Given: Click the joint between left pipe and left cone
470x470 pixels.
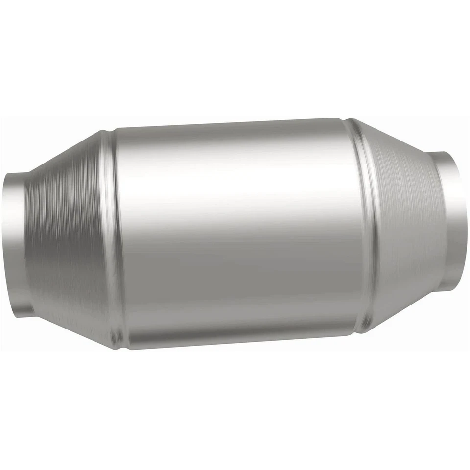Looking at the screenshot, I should (25, 242).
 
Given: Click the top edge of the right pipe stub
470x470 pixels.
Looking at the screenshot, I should (443, 153).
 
